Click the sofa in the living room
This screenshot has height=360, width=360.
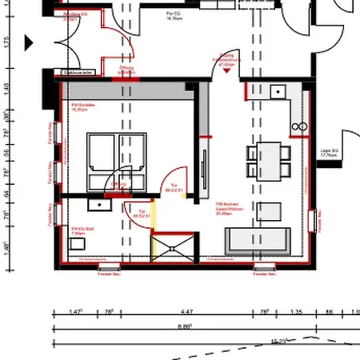(x=258, y=239)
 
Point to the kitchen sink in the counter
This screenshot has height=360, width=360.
(x=279, y=90)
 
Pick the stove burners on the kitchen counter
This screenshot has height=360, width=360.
(x=302, y=126)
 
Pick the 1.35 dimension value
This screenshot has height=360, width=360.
(x=295, y=311)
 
